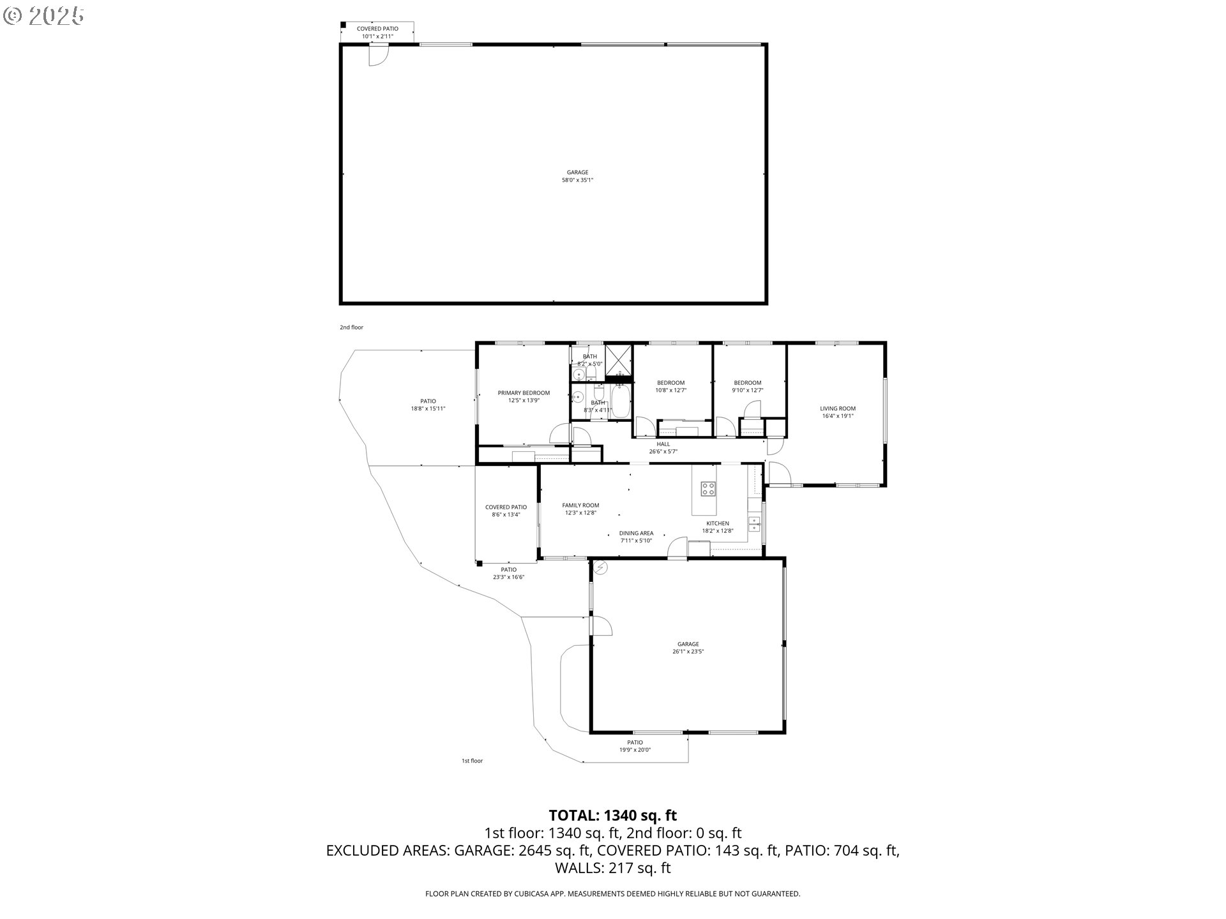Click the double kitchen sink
point(754,525)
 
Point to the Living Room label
point(838,408)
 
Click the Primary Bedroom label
point(524,393)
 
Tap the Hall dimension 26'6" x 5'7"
point(663,452)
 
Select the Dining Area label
point(636,534)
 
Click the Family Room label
point(580,505)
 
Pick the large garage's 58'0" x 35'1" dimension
point(577,180)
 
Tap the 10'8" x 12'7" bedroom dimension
point(670,391)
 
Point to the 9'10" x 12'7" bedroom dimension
point(747,391)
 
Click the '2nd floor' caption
point(351,327)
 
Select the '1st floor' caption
point(473,761)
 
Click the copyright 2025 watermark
point(44,16)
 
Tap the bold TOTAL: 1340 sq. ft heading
point(613,816)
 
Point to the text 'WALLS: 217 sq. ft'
point(613,868)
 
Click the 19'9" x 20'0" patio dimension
point(635,751)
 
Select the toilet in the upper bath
point(591,372)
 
